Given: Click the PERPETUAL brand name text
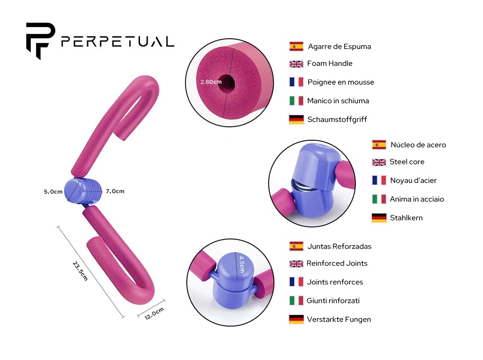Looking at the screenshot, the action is point(118,42).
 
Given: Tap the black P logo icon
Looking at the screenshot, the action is point(40,40).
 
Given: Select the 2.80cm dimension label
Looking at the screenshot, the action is point(211,82).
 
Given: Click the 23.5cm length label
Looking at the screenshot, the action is point(80,271).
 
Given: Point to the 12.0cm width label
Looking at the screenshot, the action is point(154,313).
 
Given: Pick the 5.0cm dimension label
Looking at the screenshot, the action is point(53,192).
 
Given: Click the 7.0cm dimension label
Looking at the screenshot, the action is point(115,191).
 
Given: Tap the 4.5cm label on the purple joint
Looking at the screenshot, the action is point(241,264).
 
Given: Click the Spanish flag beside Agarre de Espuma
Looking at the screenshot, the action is point(296,46).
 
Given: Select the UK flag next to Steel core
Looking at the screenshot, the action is point(379,162).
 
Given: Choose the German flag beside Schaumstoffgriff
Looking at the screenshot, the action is point(296,119).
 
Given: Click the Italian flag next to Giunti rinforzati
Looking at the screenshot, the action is point(296,300).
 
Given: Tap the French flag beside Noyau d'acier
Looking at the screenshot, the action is point(379,180).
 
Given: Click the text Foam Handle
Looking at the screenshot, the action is point(330,64).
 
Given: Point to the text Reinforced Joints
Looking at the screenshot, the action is point(337,263).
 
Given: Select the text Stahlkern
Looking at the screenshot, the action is point(407,218).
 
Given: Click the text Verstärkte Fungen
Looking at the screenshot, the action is point(339,320).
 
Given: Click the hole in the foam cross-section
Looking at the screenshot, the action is point(227,83).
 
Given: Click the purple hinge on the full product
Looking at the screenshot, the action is point(83,191).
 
